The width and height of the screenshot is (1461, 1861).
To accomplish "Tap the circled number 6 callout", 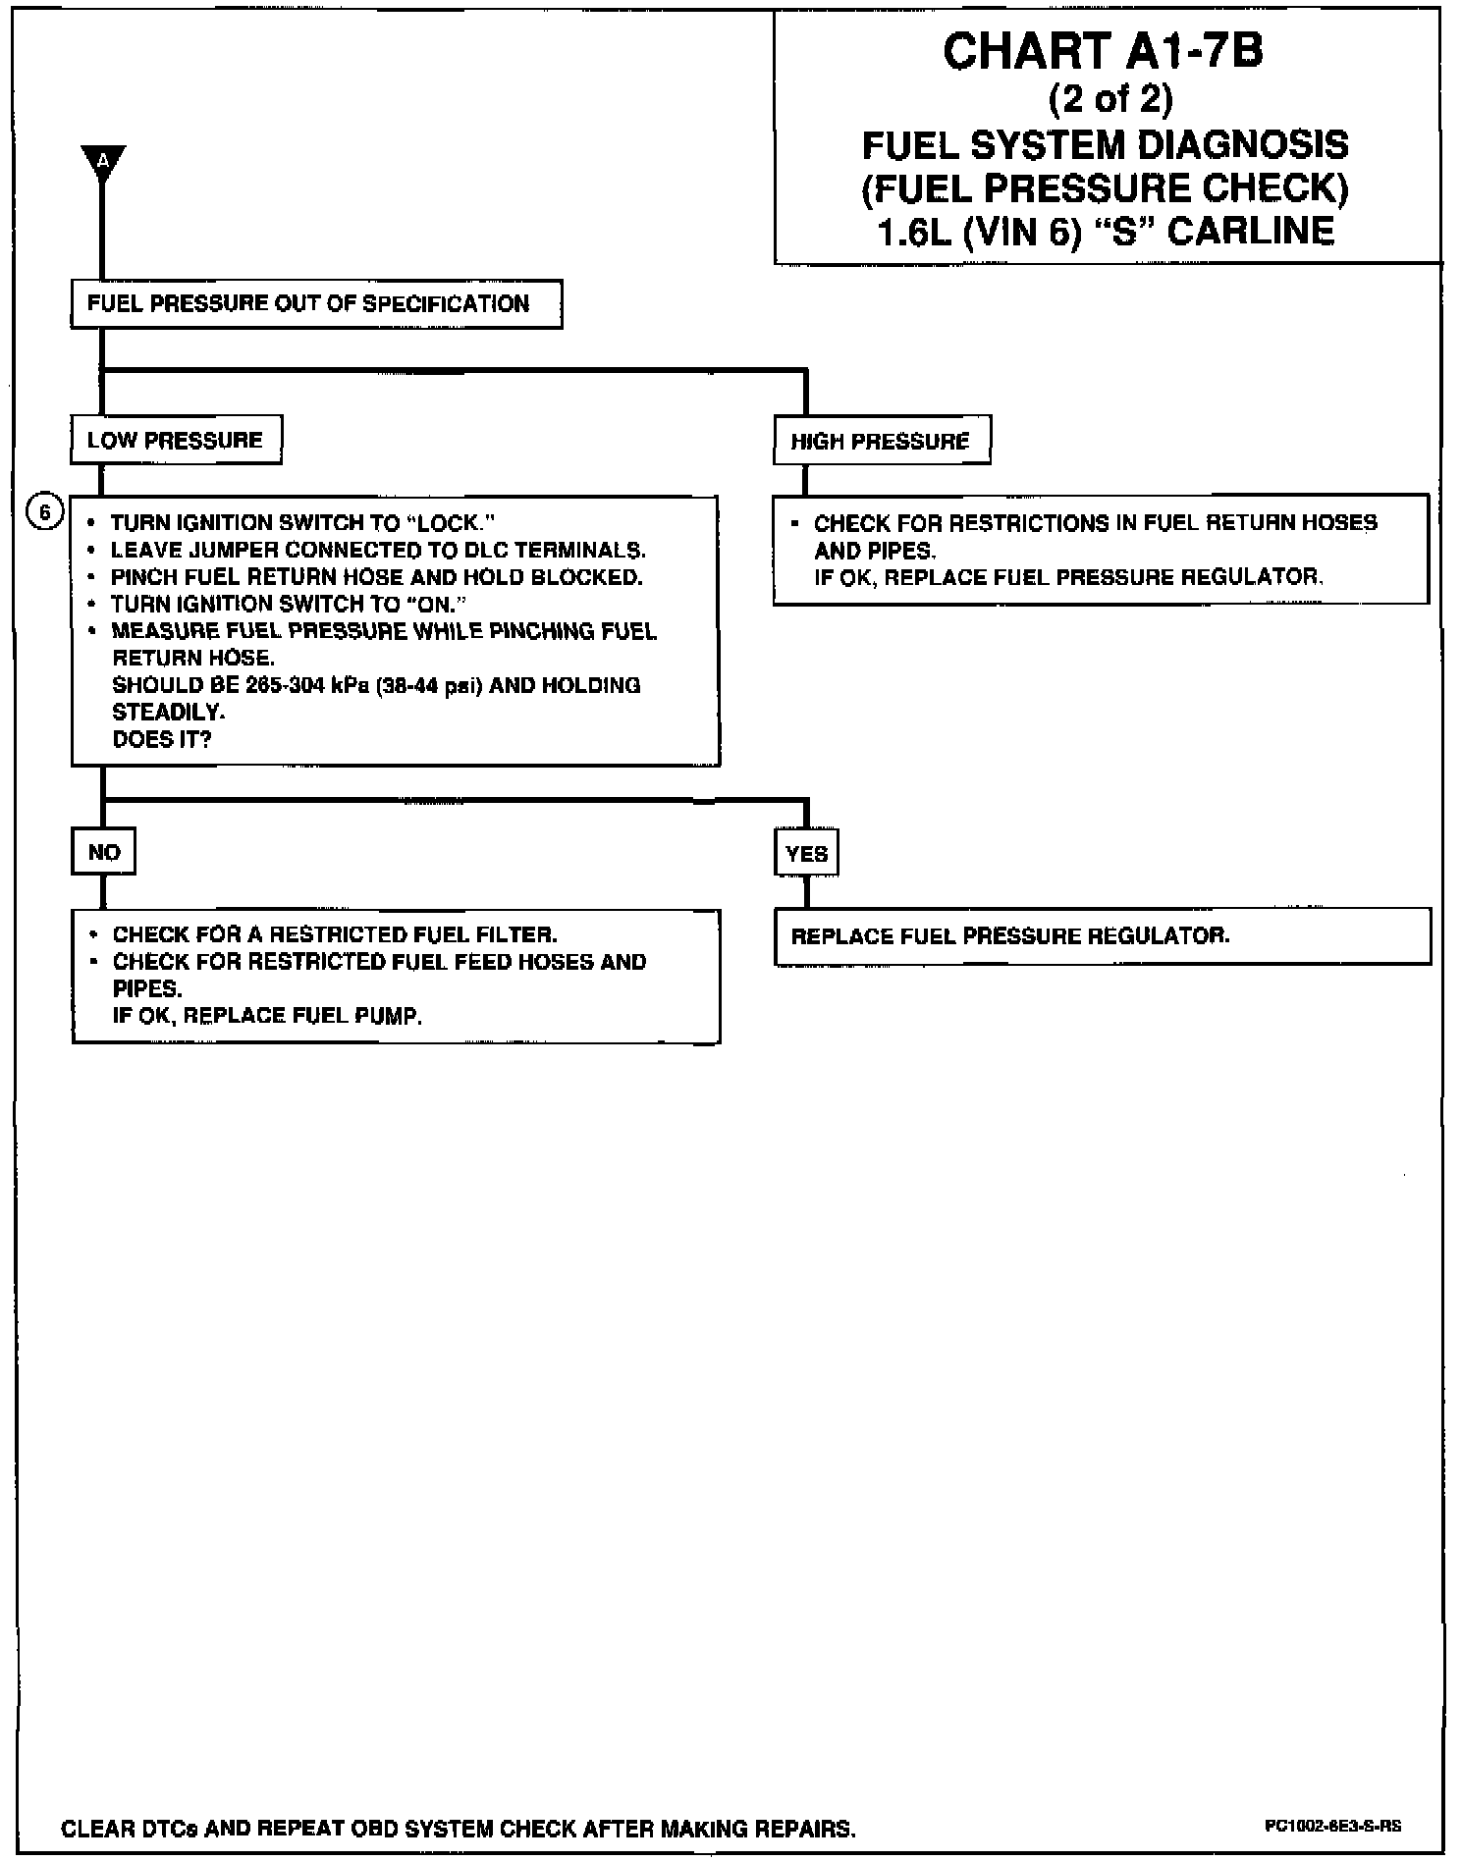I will (x=45, y=511).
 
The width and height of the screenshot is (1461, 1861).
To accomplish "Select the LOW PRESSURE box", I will (x=176, y=440).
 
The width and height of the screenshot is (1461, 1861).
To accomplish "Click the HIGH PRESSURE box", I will (x=881, y=441).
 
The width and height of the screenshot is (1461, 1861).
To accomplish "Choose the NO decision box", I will (x=103, y=852).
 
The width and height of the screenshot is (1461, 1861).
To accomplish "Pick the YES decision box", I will (x=806, y=853).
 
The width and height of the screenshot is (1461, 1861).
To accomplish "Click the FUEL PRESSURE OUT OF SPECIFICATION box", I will (x=316, y=303).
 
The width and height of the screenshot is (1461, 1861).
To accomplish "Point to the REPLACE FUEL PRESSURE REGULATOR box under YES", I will (x=1102, y=935).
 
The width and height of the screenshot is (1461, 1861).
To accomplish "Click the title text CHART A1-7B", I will (x=1103, y=52).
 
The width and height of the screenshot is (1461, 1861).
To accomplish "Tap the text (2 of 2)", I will (x=1109, y=99).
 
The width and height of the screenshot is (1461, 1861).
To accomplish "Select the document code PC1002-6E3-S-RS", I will (x=1332, y=1827).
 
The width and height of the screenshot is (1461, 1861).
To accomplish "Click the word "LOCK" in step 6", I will (x=447, y=523).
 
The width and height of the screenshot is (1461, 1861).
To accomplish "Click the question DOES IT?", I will (x=162, y=739).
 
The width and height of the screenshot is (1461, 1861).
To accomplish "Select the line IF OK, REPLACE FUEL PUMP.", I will (x=267, y=1016).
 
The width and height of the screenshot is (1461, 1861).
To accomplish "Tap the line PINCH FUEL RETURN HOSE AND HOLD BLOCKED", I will (x=376, y=577).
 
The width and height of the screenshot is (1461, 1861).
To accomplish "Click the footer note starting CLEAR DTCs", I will (x=458, y=1829).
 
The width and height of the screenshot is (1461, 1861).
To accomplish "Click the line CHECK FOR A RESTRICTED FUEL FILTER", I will (x=335, y=934).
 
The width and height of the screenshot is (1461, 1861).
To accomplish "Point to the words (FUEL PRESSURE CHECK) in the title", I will (x=1105, y=188).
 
